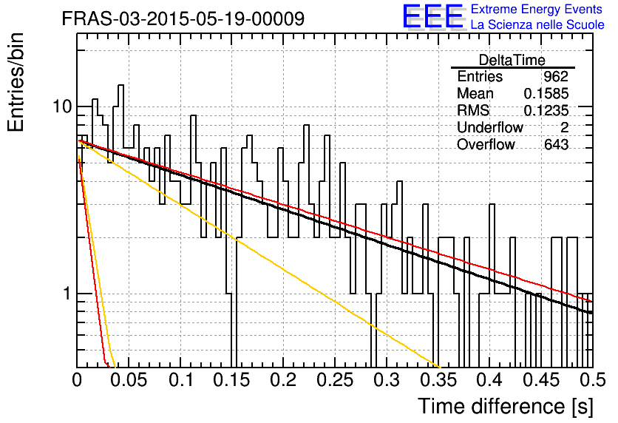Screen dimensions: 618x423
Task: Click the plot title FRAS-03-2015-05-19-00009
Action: [183, 18]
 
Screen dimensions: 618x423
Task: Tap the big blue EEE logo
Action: [433, 16]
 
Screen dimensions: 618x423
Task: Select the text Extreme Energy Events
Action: [537, 9]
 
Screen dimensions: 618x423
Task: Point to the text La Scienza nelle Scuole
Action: [537, 25]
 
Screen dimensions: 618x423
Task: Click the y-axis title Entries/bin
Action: [16, 82]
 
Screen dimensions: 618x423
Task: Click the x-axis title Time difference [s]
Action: [506, 406]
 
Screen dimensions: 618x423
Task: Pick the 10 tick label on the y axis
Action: [63, 106]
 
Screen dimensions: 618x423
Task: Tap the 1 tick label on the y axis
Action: [67, 294]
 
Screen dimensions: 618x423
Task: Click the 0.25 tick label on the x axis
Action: [335, 380]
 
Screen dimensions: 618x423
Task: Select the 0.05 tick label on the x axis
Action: [129, 380]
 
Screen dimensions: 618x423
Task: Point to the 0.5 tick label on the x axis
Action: [592, 380]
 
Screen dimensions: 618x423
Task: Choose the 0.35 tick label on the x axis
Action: [438, 380]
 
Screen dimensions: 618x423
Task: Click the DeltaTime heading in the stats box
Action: [512, 60]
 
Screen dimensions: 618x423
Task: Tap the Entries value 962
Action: [556, 76]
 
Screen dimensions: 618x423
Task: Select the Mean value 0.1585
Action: [546, 93]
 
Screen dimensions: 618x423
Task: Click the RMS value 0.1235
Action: [546, 110]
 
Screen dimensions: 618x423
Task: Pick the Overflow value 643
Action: [556, 144]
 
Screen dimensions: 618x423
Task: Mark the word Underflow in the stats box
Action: [490, 127]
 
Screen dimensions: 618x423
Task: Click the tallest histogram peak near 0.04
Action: [120, 85]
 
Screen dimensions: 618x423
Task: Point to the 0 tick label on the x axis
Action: [77, 380]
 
